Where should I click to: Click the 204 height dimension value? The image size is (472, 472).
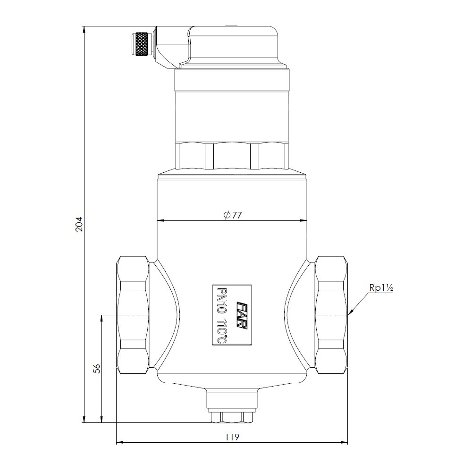point(78,224)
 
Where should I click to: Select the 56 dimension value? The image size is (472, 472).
point(97,369)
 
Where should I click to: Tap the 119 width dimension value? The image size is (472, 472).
point(232,437)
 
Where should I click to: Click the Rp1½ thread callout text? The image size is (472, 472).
point(381,288)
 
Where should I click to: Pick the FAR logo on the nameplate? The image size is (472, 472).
point(242,316)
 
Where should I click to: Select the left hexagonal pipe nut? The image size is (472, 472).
point(133,315)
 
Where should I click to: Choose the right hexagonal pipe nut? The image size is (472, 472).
point(331,315)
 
